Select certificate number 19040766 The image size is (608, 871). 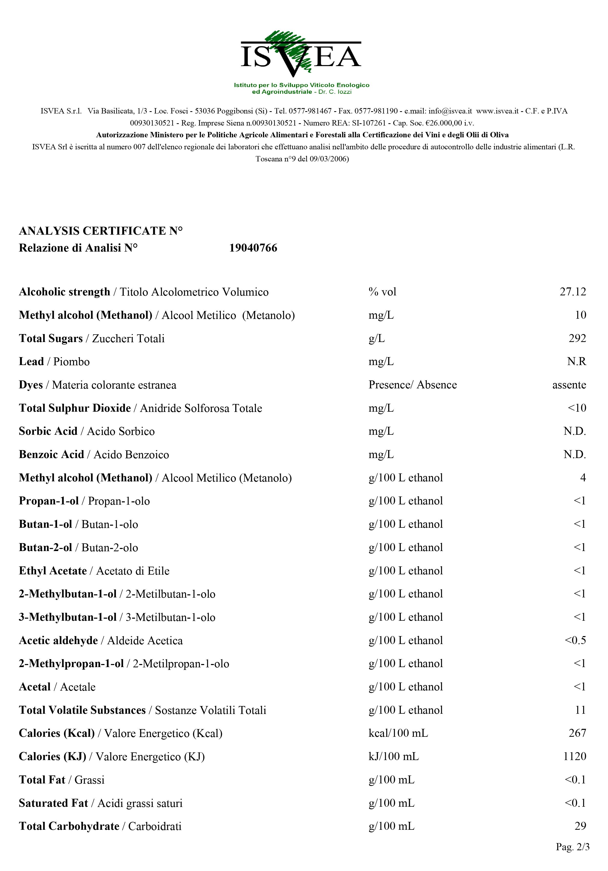tap(253, 248)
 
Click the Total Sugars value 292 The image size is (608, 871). tap(577, 338)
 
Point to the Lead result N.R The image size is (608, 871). tap(576, 361)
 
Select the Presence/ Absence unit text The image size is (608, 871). tap(412, 385)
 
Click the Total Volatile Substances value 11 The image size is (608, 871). tap(580, 710)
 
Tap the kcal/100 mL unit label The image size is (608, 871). tap(398, 733)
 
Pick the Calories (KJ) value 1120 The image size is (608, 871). tap(575, 757)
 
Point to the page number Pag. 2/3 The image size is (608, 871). tap(572, 847)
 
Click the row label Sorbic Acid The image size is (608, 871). tap(48, 431)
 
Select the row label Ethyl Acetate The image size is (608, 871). tap(53, 571)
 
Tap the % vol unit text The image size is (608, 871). tap(382, 292)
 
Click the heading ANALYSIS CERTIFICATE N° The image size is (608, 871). tap(100, 231)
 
